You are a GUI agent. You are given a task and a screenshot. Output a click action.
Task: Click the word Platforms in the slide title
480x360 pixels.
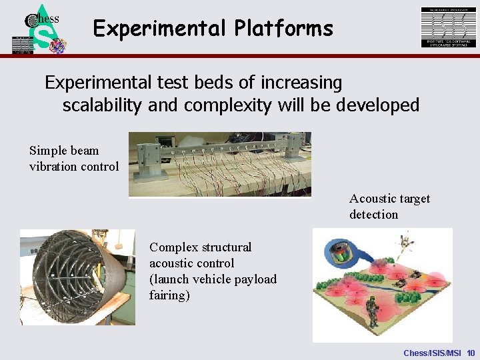click(283, 29)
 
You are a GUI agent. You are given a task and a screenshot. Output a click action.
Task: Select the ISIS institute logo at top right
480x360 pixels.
click(449, 27)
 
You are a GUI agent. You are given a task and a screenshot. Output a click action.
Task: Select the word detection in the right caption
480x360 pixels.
click(373, 215)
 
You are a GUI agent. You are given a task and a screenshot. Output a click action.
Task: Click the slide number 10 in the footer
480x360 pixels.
click(471, 352)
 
